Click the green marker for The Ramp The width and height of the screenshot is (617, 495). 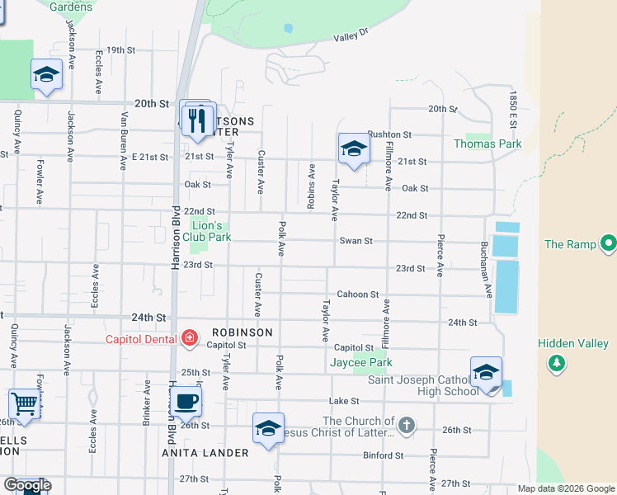(x=608, y=243)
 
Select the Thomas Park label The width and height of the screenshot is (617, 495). (x=487, y=144)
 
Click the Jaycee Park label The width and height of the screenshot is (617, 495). (x=360, y=362)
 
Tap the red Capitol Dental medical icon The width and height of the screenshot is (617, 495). (x=189, y=337)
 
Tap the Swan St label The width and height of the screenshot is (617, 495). (x=356, y=241)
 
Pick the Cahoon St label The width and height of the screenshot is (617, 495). (x=357, y=295)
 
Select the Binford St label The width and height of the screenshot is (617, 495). (x=383, y=455)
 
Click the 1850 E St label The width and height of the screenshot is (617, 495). (x=512, y=109)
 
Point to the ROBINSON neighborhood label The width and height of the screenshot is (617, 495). (x=241, y=332)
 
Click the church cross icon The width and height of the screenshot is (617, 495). (x=405, y=426)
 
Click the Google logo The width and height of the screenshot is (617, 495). (x=26, y=485)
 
